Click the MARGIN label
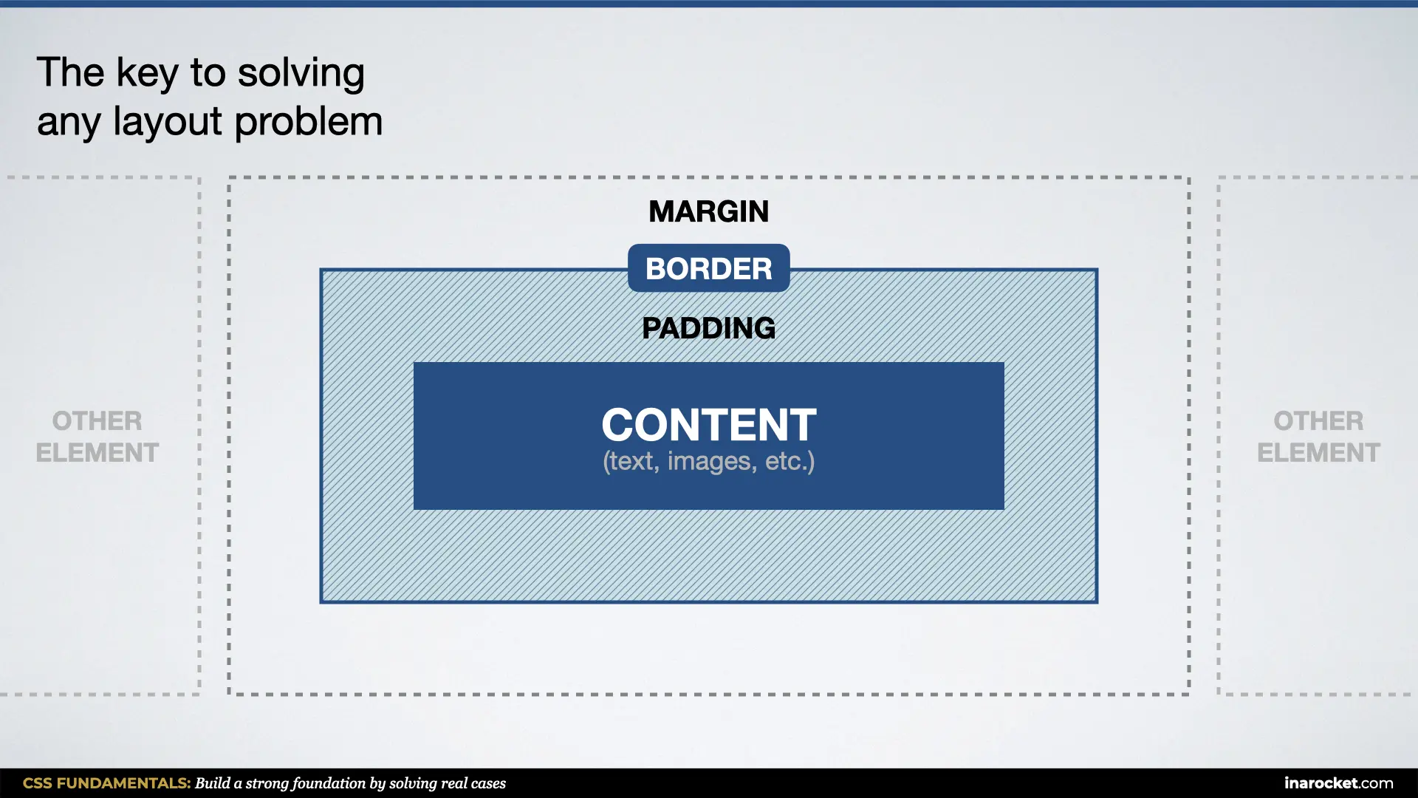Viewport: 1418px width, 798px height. [708, 212]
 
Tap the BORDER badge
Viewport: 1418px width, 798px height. [708, 268]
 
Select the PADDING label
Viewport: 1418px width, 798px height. [708, 328]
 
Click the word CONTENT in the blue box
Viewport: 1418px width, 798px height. [708, 425]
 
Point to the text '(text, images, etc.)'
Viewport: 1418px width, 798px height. [708, 462]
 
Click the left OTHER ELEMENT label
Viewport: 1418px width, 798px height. [97, 437]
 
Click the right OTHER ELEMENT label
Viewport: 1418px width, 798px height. [1318, 437]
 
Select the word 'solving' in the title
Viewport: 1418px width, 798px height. [301, 74]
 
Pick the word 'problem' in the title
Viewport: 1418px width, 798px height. [308, 123]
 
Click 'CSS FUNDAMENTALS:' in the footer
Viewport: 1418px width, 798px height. [106, 783]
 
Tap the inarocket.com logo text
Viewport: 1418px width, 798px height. [1338, 783]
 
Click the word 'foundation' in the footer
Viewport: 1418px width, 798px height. [329, 783]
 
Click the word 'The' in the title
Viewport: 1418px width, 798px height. [70, 74]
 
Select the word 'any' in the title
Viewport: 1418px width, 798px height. [69, 123]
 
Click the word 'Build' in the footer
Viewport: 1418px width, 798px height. [212, 783]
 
